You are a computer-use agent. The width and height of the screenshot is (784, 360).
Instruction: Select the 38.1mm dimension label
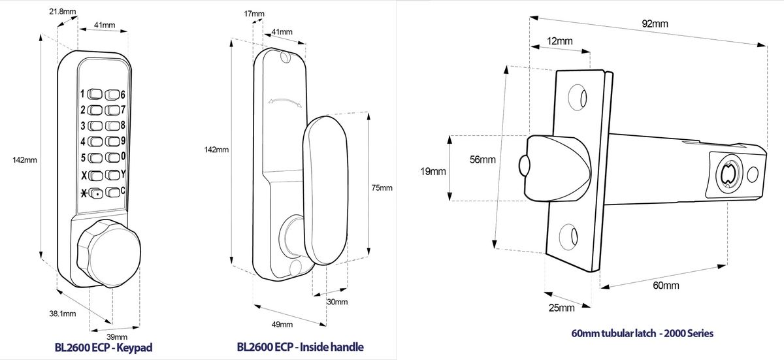pos(63,313)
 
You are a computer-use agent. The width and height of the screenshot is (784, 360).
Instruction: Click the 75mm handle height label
pos(382,188)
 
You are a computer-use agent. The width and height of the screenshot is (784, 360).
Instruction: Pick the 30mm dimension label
pos(336,302)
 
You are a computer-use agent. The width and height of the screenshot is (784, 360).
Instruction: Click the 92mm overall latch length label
pos(655,24)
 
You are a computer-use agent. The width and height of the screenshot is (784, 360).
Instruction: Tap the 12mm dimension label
pos(560,41)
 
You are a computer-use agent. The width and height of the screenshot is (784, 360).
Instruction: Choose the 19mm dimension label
pos(433,171)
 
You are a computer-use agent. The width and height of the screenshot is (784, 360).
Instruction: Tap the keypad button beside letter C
pos(113,192)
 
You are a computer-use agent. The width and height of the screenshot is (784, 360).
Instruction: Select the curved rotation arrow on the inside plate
pos(285,101)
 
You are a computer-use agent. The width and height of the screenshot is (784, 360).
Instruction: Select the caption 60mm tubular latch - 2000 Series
pos(642,333)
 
